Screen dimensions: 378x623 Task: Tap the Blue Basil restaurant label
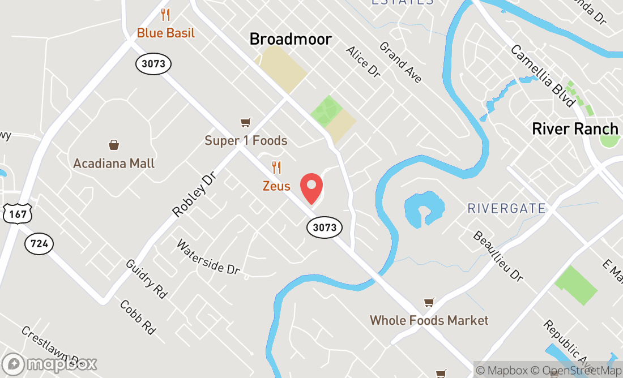pos(166,33)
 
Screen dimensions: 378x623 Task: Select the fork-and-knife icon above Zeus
pos(276,167)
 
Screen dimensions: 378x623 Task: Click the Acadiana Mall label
pos(114,164)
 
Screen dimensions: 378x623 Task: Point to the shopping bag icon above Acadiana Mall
pos(114,145)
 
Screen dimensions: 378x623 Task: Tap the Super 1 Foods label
pos(246,140)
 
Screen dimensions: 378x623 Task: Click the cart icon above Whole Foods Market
pos(429,302)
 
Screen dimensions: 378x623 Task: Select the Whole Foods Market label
pos(429,320)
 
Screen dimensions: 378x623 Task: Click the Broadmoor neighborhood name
pos(291,38)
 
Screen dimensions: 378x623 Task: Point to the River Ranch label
pos(575,128)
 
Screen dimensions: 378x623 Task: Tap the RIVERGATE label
pos(506,208)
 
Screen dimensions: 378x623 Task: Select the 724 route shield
pos(39,244)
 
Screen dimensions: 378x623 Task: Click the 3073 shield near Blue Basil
pos(153,63)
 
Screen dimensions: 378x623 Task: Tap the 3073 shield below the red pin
pos(325,227)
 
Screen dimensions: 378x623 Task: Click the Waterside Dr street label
pos(208,257)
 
